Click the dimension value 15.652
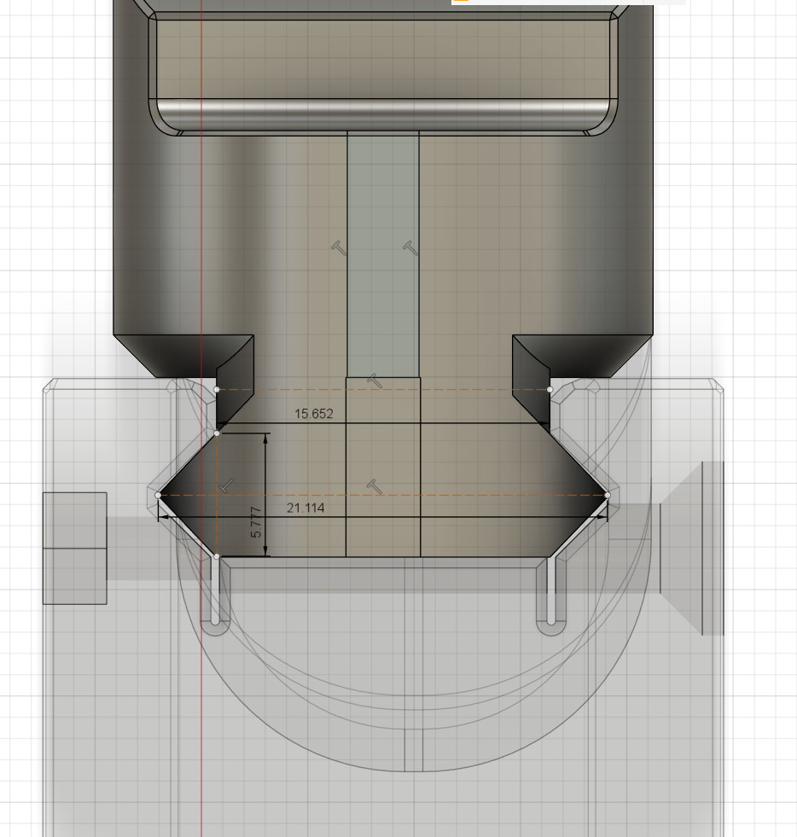(x=313, y=414)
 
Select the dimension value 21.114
(x=305, y=508)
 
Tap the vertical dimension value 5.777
(x=256, y=521)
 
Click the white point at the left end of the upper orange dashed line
(x=217, y=389)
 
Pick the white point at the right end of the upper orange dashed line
(x=550, y=389)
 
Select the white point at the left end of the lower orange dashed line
(x=158, y=495)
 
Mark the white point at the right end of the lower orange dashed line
(x=608, y=495)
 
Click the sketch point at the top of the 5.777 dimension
(x=217, y=433)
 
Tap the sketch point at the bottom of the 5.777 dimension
(x=217, y=556)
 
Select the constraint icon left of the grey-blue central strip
(x=340, y=247)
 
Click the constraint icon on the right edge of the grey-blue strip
(x=410, y=247)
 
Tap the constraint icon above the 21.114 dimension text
(x=373, y=486)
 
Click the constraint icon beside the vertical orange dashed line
(x=226, y=485)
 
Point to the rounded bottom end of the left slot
(x=215, y=627)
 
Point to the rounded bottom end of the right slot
(x=551, y=627)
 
